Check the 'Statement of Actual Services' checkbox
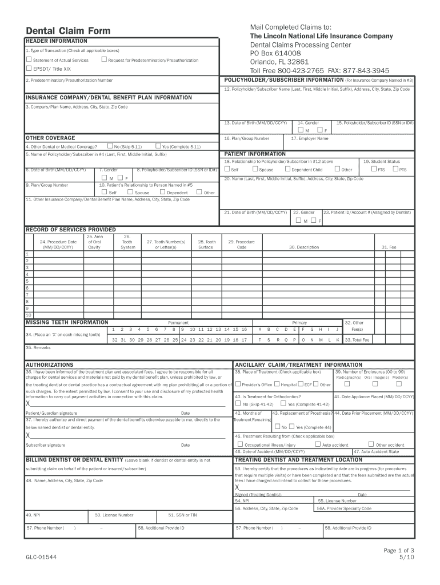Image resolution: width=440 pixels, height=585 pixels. (x=29, y=59)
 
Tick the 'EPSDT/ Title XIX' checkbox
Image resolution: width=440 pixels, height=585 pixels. (x=29, y=68)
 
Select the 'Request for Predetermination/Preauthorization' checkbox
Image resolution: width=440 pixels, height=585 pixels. (x=103, y=59)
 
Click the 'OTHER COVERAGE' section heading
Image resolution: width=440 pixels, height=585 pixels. (x=50, y=138)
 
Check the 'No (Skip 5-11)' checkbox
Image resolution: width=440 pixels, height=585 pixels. (x=109, y=146)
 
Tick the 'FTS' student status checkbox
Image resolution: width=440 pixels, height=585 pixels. (x=374, y=169)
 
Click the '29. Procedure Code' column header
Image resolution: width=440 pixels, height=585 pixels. (x=242, y=244)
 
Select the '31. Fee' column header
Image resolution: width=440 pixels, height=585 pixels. (x=393, y=247)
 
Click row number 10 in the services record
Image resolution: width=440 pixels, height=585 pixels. (x=28, y=315)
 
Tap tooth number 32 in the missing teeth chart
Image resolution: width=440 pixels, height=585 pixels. (x=115, y=339)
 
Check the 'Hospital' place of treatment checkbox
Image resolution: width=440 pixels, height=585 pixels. (x=277, y=384)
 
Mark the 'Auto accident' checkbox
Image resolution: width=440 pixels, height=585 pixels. (x=318, y=444)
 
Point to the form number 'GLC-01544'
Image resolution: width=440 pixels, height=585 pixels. (x=41, y=556)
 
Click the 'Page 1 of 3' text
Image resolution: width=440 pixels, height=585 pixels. (x=398, y=550)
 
